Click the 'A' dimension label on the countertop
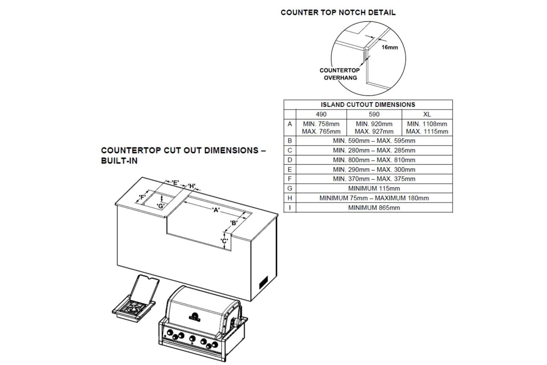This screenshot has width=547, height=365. tap(216, 210)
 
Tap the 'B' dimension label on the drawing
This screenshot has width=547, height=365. tap(234, 223)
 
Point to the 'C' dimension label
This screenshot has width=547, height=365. tap(224, 241)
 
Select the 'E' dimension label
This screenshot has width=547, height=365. tap(175, 182)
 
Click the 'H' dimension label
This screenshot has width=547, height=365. tap(192, 186)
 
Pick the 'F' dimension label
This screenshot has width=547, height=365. tap(142, 197)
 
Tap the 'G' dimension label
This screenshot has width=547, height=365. tap(160, 206)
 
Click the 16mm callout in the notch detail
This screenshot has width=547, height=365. tap(390, 47)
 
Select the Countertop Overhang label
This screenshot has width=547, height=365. tap(340, 74)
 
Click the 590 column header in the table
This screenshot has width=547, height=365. tap(374, 114)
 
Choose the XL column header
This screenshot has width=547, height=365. tap(427, 114)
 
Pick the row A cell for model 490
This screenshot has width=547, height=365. tap(321, 128)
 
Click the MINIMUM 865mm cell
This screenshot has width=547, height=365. tap(374, 208)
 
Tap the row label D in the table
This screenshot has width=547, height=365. tap(290, 160)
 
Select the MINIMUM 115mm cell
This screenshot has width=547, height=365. tap(374, 188)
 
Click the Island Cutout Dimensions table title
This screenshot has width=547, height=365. tap(368, 104)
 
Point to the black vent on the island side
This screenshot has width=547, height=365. tap(263, 282)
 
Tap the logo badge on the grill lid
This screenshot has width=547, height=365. tap(194, 317)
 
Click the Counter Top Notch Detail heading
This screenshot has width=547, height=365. tap(338, 13)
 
